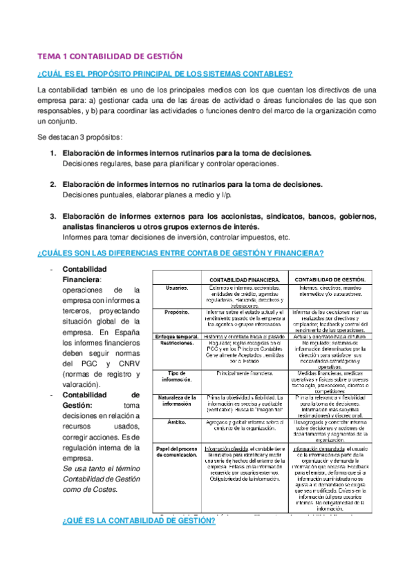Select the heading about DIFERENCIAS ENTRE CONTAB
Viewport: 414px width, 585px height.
click(180, 253)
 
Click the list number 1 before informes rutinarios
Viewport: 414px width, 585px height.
click(53, 152)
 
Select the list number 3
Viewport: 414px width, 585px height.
click(53, 217)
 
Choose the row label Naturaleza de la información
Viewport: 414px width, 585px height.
click(176, 401)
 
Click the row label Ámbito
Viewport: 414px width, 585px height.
click(176, 422)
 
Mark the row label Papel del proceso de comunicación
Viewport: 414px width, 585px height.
click(176, 453)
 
